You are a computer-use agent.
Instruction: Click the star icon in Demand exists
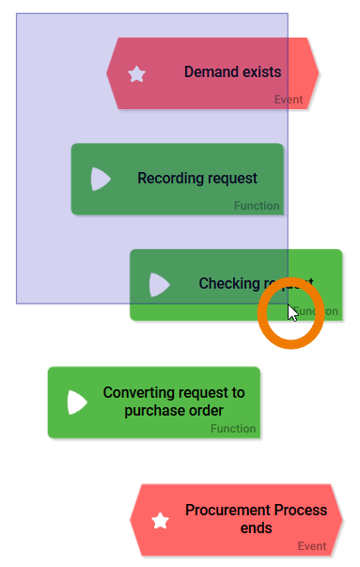pyautogui.click(x=137, y=74)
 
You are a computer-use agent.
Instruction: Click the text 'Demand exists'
pyautogui.click(x=232, y=72)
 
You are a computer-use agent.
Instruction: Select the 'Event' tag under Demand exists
pyautogui.click(x=288, y=100)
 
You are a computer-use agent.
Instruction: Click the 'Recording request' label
pyautogui.click(x=196, y=179)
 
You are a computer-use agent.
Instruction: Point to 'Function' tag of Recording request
pyautogui.click(x=257, y=206)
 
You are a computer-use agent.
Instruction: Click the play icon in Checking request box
pyautogui.click(x=159, y=284)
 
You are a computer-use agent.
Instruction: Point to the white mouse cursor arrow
pyautogui.click(x=292, y=312)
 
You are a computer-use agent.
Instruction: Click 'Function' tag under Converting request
pyautogui.click(x=233, y=429)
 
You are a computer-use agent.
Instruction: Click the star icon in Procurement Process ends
pyautogui.click(x=161, y=520)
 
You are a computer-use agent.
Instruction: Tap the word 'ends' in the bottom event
pyautogui.click(x=256, y=528)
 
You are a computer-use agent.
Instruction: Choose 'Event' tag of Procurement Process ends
pyautogui.click(x=312, y=546)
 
